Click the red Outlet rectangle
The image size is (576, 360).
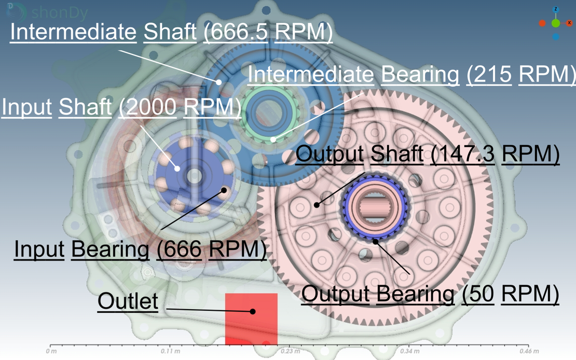pyautogui.click(x=251, y=319)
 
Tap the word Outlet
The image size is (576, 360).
pyautogui.click(x=128, y=301)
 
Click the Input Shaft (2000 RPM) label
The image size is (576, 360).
pyautogui.click(x=121, y=107)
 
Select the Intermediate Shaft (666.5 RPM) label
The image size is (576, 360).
pyautogui.click(x=171, y=32)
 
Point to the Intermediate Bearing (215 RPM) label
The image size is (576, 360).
pyautogui.click(x=412, y=75)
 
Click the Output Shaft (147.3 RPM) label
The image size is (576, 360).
pyautogui.click(x=428, y=154)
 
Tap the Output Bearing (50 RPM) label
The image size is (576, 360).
pyautogui.click(x=430, y=294)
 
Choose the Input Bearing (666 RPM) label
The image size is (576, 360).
pyautogui.click(x=140, y=250)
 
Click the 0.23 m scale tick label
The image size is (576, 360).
pyautogui.click(x=290, y=351)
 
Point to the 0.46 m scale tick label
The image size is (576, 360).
pyautogui.click(x=529, y=351)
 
